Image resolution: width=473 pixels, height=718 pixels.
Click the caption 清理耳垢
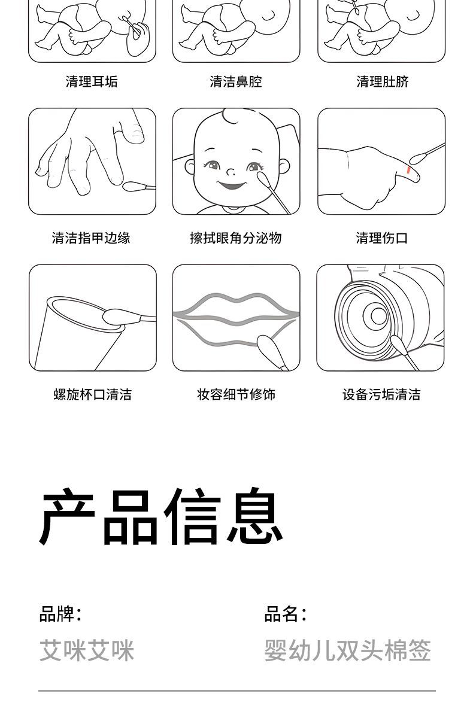[92, 81]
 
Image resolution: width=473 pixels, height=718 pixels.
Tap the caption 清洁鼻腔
[236, 81]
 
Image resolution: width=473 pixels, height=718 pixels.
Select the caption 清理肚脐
[383, 81]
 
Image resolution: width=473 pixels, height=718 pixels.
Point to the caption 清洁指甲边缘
[91, 238]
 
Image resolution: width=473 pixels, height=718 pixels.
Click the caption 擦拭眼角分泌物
[236, 238]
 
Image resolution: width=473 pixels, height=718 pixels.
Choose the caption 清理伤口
[381, 238]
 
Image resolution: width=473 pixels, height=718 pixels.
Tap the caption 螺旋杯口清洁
[93, 394]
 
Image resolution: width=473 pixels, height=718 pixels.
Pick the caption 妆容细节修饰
[236, 394]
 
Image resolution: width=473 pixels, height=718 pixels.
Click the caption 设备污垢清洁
[381, 394]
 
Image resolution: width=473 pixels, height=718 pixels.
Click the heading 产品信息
[161, 517]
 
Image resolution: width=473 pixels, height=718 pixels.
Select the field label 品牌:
[60, 614]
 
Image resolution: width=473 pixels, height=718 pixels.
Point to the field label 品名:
[286, 614]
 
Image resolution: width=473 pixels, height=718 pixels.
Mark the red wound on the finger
[409, 170]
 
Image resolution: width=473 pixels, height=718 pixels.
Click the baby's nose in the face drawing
[231, 172]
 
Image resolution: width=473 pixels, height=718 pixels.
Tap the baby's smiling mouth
[232, 185]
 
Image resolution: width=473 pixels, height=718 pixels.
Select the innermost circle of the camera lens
[379, 317]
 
